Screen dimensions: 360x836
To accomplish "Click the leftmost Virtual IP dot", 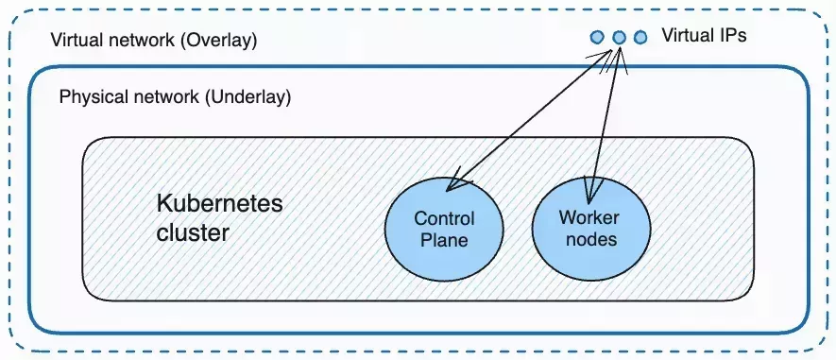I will (597, 38).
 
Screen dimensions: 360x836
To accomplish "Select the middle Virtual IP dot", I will (619, 38).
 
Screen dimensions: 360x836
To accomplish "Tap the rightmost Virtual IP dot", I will (640, 38).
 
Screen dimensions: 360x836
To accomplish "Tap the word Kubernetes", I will (219, 204).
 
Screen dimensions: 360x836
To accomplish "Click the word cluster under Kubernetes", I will (192, 232).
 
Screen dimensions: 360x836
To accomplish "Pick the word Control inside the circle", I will (444, 219).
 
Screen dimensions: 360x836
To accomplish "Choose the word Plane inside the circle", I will (444, 240).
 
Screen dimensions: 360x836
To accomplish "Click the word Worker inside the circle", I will (589, 218).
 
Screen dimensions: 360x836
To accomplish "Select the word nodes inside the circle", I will (589, 239).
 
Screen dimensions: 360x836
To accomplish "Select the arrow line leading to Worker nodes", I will (606, 118).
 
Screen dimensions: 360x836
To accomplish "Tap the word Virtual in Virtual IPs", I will (686, 37).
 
